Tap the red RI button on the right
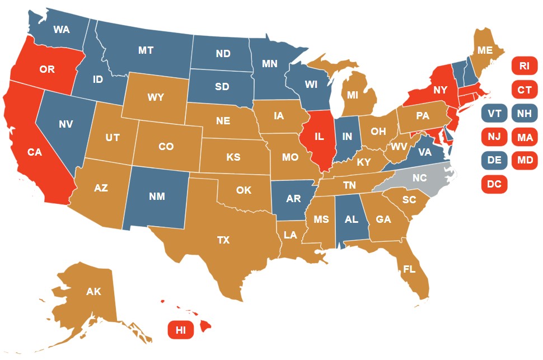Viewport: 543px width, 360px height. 524,66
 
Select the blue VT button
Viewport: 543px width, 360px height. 494,113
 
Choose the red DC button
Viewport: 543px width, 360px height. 494,184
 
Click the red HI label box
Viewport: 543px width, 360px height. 181,330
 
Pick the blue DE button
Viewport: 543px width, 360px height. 494,160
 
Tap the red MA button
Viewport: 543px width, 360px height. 525,137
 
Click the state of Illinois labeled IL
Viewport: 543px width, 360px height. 320,136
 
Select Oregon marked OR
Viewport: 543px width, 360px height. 46,69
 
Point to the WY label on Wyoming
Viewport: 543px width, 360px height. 156,97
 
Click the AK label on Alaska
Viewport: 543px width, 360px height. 93,291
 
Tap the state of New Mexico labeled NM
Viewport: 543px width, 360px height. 157,197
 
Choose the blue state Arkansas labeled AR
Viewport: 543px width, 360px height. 293,199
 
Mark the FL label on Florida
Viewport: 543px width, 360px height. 409,269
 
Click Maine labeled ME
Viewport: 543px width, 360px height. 485,50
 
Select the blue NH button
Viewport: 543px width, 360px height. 525,113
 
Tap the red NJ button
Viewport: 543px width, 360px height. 494,137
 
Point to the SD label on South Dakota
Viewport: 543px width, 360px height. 222,87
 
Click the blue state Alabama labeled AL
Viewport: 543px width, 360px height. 351,219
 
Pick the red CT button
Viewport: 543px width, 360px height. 524,90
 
